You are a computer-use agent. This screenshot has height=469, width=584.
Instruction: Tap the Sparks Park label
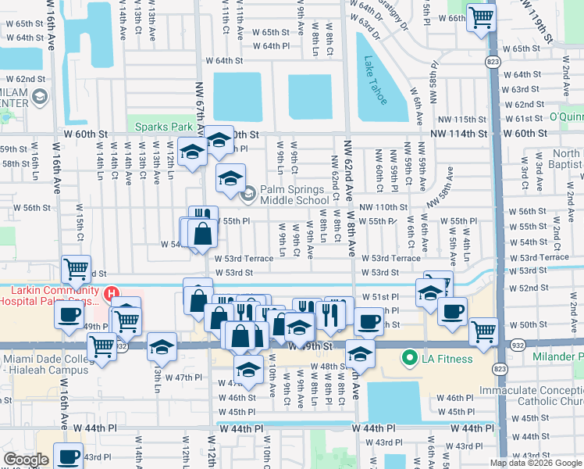point(162,127)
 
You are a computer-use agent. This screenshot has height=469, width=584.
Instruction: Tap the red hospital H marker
point(112,294)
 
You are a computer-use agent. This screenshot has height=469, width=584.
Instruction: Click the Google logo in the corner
point(27,460)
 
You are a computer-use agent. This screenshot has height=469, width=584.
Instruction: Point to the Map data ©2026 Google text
point(535,463)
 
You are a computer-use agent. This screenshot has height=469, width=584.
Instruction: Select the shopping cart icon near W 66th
point(480,17)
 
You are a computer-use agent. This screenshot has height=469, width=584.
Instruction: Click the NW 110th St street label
point(383,207)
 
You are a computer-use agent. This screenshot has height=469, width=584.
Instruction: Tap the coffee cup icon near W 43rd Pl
point(68,456)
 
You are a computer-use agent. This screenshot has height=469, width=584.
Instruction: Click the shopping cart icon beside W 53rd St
point(77,270)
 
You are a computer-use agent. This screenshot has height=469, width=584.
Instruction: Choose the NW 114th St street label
point(461,134)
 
